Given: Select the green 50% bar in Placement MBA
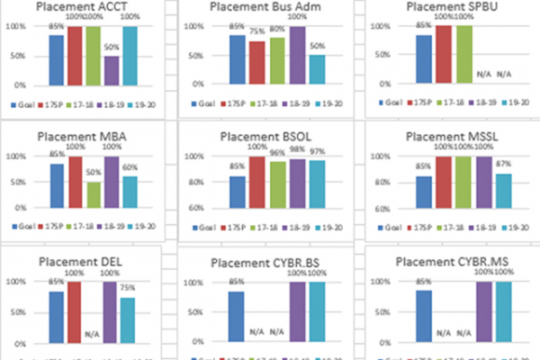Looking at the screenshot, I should click(94, 194).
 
